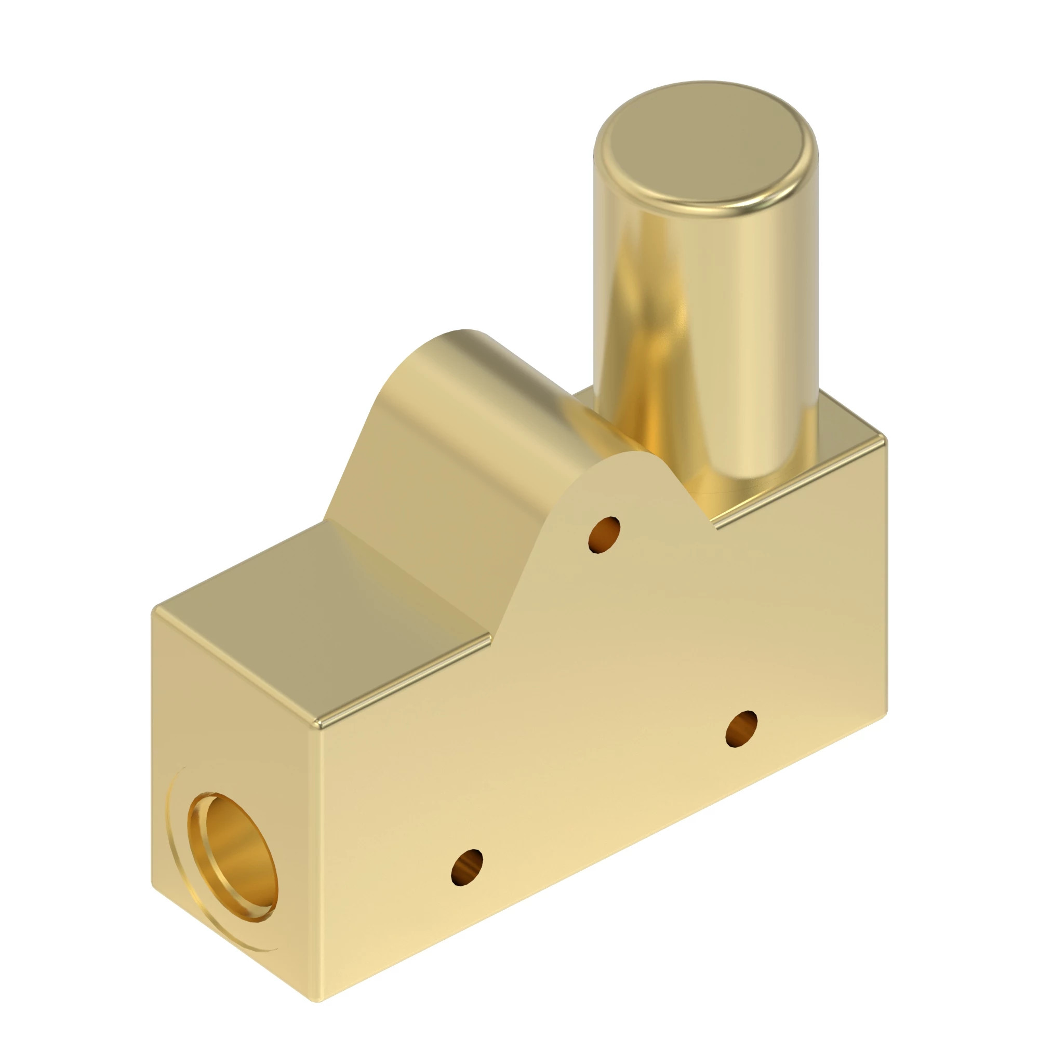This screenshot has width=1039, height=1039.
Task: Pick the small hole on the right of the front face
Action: tap(742, 728)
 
